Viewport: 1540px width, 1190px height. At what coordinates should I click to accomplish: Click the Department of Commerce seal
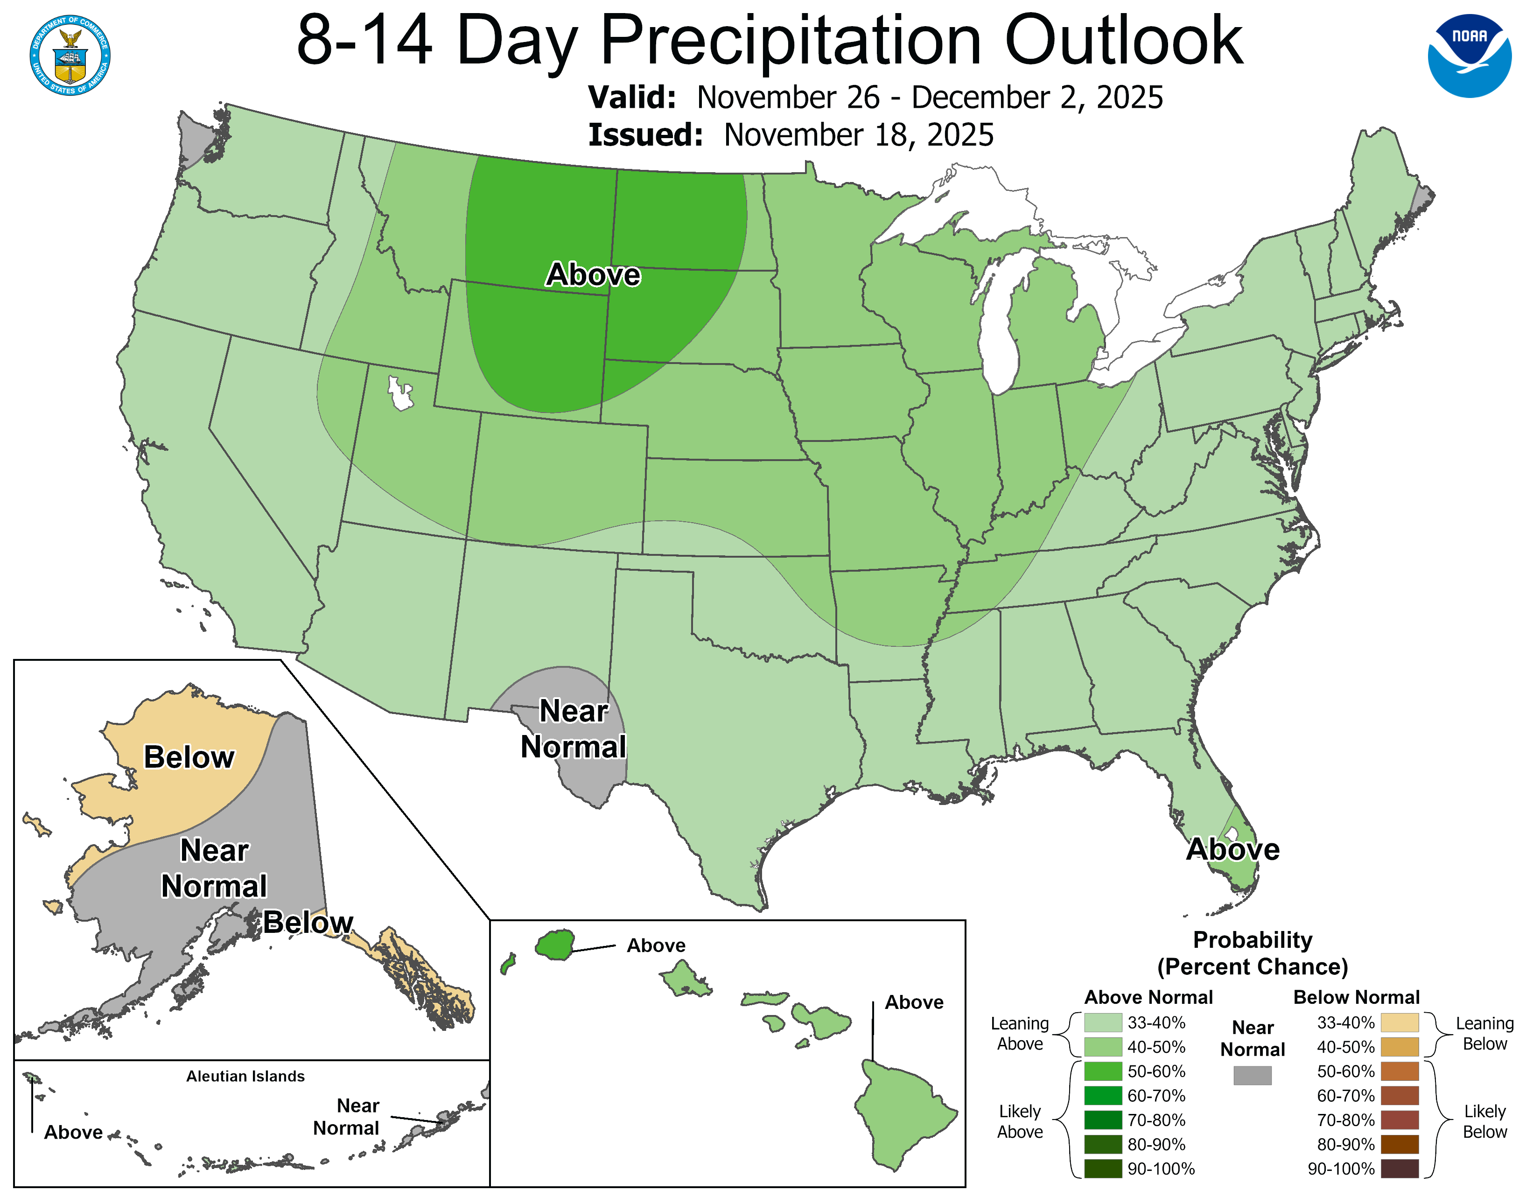point(70,55)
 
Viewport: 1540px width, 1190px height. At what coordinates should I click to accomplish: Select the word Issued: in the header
point(645,135)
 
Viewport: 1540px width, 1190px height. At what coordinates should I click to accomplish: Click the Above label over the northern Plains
point(593,274)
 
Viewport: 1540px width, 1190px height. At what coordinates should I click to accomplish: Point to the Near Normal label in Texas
point(573,729)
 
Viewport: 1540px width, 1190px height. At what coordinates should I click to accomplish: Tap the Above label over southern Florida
point(1232,849)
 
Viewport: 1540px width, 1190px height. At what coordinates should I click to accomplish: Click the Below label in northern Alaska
point(189,757)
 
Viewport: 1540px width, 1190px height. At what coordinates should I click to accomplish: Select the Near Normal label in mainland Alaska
point(214,868)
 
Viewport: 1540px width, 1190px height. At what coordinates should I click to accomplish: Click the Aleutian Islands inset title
point(245,1076)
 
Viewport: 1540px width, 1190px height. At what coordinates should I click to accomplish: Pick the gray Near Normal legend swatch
point(1253,1075)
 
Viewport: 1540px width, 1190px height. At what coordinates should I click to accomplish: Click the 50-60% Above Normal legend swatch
point(1103,1071)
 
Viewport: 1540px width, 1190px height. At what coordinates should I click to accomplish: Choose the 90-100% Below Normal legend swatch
point(1399,1169)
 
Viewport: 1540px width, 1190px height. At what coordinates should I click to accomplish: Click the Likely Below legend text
point(1484,1121)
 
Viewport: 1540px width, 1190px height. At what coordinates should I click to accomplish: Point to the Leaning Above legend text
point(1020,1034)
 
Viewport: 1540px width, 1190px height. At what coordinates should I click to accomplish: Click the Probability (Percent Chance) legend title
point(1253,953)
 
